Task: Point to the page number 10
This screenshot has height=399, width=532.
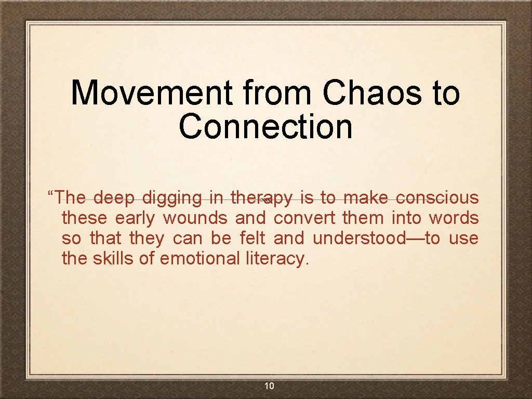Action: (x=269, y=385)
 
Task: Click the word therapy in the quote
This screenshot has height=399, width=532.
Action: (x=262, y=198)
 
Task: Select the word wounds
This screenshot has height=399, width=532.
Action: (x=195, y=218)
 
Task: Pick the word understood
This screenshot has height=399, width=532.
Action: (x=368, y=238)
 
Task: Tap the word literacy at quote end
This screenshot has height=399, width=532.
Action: (x=276, y=258)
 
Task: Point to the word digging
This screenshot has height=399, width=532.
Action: (x=172, y=198)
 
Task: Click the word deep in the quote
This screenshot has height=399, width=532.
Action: (x=114, y=198)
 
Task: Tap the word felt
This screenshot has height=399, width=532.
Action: (x=252, y=238)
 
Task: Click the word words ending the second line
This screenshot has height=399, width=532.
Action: (x=454, y=218)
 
